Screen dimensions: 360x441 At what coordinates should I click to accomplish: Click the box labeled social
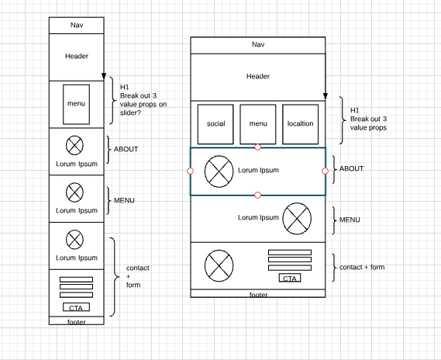(215, 123)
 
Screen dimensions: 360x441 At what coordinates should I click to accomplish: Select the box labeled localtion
(300, 123)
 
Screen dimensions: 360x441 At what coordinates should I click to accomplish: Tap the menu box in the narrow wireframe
(76, 103)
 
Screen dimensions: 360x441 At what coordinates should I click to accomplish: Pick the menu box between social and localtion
(258, 123)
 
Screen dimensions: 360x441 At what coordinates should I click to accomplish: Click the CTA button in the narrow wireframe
(75, 307)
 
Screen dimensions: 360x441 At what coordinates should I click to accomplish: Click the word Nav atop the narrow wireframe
(75, 25)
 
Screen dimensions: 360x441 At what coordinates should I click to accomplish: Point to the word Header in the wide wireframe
(258, 76)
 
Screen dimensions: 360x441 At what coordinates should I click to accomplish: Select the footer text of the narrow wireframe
(76, 321)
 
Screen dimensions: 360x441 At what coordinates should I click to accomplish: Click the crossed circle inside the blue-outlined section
(219, 170)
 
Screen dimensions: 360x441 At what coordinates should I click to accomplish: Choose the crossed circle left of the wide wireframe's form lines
(219, 267)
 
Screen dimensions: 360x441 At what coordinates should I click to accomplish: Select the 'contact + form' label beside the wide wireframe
(362, 267)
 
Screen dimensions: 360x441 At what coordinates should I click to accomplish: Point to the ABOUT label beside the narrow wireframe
(126, 149)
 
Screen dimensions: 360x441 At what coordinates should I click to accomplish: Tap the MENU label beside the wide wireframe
(351, 220)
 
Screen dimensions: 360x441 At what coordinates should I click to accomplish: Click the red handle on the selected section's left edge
(191, 171)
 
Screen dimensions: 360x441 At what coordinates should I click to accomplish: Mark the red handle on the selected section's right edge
(326, 171)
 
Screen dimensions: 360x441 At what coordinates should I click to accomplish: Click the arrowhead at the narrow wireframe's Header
(103, 77)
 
